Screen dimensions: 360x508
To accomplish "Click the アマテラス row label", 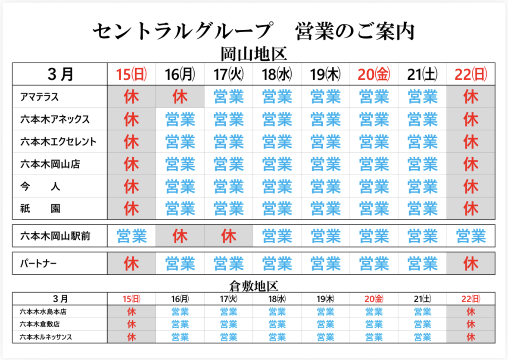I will tap(39, 97).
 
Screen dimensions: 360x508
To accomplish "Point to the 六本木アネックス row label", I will tap(55, 119).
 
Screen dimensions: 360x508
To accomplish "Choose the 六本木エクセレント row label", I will tap(58, 142).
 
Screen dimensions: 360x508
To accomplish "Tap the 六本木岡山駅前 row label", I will tap(55, 236).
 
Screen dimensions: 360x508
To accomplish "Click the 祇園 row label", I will tap(40, 209).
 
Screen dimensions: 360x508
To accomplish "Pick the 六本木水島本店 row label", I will tap(43, 311).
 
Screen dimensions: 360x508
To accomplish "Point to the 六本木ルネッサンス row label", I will tap(46, 337).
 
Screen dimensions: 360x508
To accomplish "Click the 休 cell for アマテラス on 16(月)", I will tap(180, 97).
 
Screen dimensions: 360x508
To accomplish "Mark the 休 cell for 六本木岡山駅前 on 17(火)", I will tap(228, 236).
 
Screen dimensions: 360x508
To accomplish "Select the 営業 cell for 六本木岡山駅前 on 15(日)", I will tap(131, 236).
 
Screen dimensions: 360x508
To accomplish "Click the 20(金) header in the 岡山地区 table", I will tap(374, 75).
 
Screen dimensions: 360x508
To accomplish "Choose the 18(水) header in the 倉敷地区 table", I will tap(277, 298).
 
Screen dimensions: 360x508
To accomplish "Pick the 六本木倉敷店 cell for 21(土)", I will tap(422, 324).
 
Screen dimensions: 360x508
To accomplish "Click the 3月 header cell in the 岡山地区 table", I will tap(60, 74).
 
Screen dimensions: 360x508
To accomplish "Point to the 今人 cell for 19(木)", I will tap(325, 186).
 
